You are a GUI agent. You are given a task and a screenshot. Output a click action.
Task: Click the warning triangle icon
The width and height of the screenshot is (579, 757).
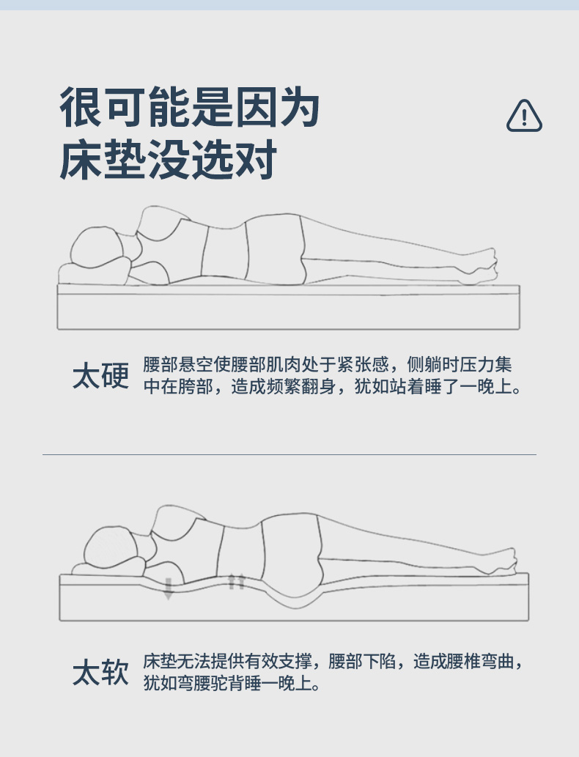tap(524, 116)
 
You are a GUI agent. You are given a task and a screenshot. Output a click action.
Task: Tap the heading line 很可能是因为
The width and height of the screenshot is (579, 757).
tap(190, 107)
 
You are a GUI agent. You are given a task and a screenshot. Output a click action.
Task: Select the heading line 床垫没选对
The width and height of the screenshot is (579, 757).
tap(168, 159)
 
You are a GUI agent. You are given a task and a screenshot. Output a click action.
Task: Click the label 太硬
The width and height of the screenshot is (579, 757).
tap(101, 376)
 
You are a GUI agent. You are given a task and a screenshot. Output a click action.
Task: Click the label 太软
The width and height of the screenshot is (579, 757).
tap(101, 672)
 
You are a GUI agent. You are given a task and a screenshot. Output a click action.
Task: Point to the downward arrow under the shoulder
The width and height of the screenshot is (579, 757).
tap(168, 588)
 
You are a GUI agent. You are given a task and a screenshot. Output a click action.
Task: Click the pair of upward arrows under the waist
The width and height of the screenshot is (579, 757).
tap(236, 582)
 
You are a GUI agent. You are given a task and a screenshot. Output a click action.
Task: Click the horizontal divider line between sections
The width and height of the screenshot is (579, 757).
tap(289, 454)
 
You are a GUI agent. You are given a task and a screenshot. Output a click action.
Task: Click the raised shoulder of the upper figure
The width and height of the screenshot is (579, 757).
tap(159, 222)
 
